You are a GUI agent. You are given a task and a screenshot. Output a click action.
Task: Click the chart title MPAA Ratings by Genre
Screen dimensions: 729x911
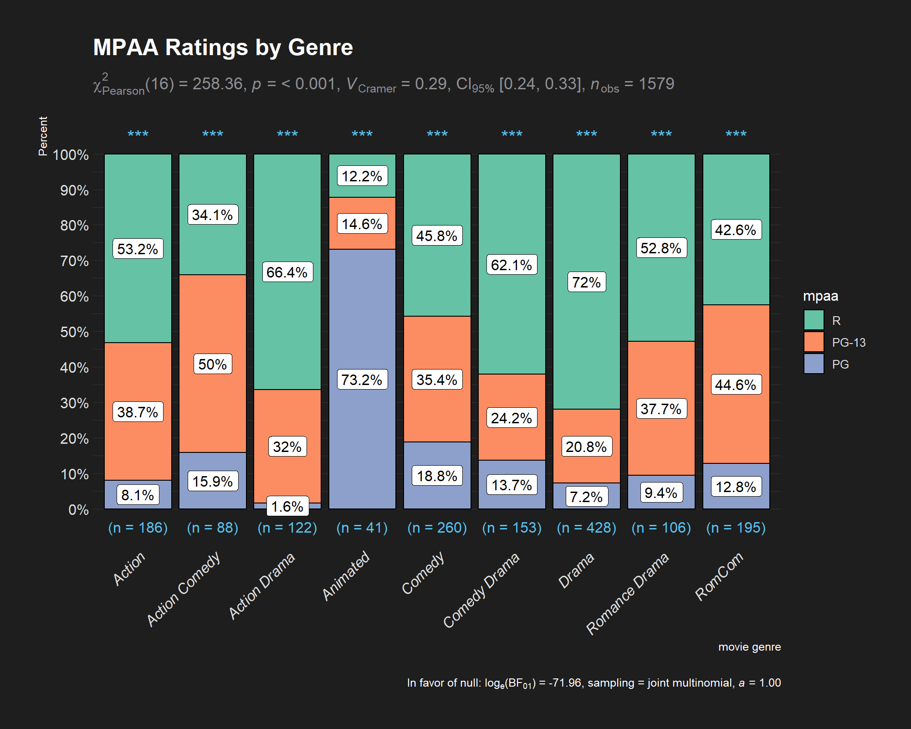pyautogui.click(x=223, y=47)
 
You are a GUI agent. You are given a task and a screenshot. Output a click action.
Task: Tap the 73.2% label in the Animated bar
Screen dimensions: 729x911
pyautogui.click(x=362, y=380)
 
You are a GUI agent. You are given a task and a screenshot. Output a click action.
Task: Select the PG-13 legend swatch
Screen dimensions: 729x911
pyautogui.click(x=814, y=342)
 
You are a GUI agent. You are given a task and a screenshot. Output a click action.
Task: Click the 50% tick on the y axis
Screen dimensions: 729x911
pyautogui.click(x=74, y=332)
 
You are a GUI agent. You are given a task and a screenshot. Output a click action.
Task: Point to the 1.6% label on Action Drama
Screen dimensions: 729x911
pyautogui.click(x=287, y=506)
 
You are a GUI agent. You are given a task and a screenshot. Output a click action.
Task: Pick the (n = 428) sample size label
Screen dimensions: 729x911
pyautogui.click(x=586, y=528)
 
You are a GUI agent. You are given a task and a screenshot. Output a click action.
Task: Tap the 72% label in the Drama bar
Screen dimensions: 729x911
pyautogui.click(x=586, y=282)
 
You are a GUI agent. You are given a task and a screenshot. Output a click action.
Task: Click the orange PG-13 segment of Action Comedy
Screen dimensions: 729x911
pyautogui.click(x=213, y=319)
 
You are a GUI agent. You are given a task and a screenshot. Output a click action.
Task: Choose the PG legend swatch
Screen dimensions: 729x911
pyautogui.click(x=814, y=364)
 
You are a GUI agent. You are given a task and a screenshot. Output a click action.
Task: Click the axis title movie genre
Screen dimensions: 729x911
pyautogui.click(x=749, y=647)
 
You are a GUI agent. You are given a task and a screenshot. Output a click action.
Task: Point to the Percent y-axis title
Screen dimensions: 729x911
pyautogui.click(x=43, y=136)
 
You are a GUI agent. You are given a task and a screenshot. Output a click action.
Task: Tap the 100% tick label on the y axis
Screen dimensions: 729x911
pyautogui.click(x=71, y=155)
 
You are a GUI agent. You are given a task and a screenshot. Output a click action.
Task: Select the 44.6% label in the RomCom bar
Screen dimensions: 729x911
pyautogui.click(x=736, y=385)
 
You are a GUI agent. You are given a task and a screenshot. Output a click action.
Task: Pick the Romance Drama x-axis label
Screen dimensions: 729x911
pyautogui.click(x=628, y=593)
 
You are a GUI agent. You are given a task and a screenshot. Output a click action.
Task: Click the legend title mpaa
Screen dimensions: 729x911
pyautogui.click(x=820, y=296)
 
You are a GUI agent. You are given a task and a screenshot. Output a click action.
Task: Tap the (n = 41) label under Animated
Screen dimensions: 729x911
pyautogui.click(x=362, y=528)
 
